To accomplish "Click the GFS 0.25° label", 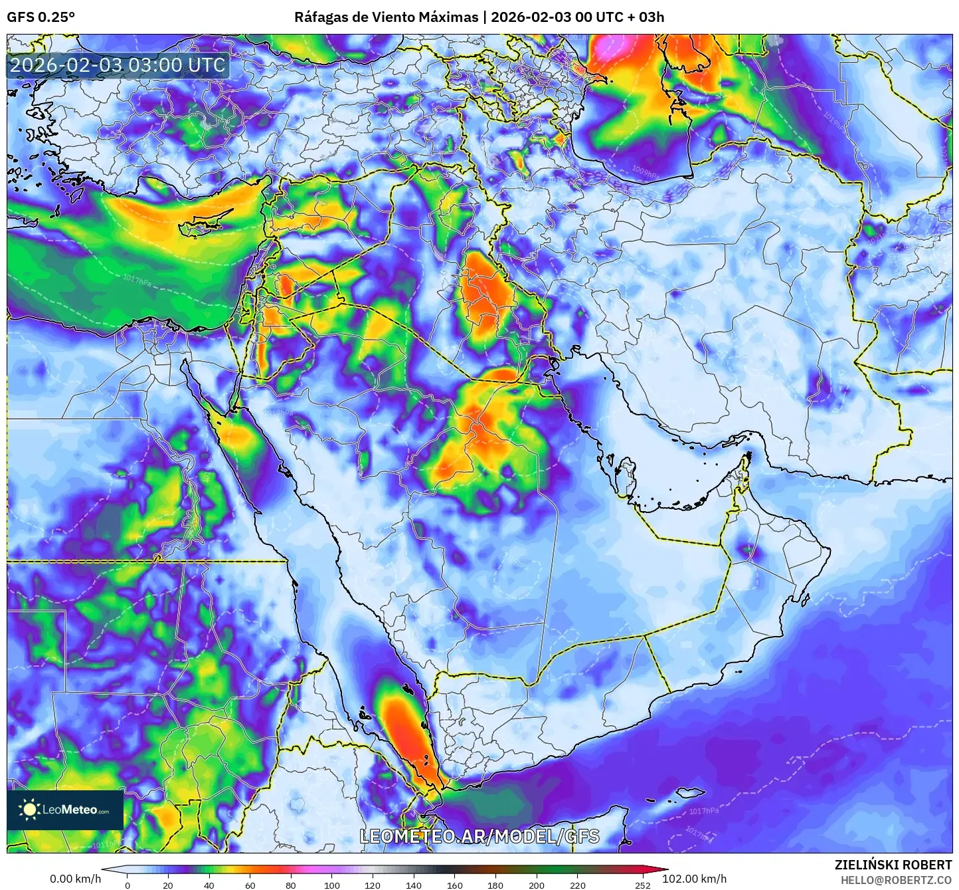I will point(41,17).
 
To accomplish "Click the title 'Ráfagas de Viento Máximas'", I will point(386,17).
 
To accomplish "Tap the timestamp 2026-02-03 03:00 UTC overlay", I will point(118,65).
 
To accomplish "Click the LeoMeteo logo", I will point(65,810).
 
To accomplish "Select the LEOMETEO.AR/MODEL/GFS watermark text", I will point(479,836).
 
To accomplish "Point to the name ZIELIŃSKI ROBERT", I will point(893,865).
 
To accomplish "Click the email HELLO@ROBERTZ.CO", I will point(896,880).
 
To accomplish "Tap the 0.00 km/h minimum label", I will point(75,879).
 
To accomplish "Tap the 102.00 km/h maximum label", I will point(694,879).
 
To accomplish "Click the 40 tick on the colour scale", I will point(209,885).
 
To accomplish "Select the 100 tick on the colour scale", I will point(331,885).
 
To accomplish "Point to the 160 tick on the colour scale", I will point(455,885).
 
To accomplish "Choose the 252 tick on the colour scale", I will point(642,885).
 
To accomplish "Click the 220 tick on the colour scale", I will point(578,885).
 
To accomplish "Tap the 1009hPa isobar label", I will point(644,171).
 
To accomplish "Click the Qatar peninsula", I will point(624,475).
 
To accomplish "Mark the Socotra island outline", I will point(691,792).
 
